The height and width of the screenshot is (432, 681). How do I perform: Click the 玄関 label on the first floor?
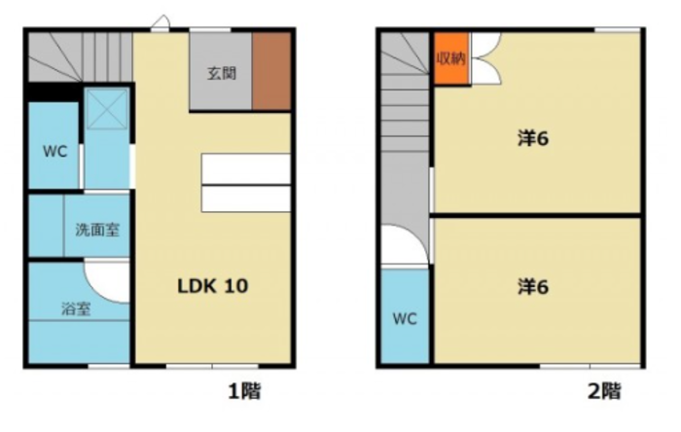(x=222, y=73)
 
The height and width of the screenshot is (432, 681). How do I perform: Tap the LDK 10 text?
(x=213, y=286)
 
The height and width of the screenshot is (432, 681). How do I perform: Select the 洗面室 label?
(x=97, y=230)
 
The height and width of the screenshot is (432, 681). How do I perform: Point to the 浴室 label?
(x=76, y=308)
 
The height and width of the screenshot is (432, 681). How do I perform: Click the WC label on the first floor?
(x=55, y=152)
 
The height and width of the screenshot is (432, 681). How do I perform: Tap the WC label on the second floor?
(x=405, y=319)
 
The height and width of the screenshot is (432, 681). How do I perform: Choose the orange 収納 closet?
(x=451, y=58)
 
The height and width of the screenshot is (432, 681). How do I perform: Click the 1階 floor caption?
(x=244, y=391)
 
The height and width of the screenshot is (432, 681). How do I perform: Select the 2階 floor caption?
(x=604, y=391)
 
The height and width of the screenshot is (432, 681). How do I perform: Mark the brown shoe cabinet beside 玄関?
(x=271, y=71)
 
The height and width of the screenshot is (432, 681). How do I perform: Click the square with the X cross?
(x=107, y=109)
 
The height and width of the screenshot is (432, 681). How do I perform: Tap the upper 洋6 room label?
(x=533, y=138)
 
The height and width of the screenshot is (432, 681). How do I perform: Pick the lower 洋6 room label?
(x=533, y=287)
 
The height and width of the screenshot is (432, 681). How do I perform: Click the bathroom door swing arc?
(x=93, y=288)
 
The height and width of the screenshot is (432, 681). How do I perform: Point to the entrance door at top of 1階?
(x=161, y=22)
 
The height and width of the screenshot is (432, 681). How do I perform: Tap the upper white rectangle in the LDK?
(x=246, y=168)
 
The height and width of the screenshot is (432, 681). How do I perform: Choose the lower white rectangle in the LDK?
(x=246, y=198)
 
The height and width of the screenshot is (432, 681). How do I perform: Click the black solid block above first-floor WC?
(x=53, y=92)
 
